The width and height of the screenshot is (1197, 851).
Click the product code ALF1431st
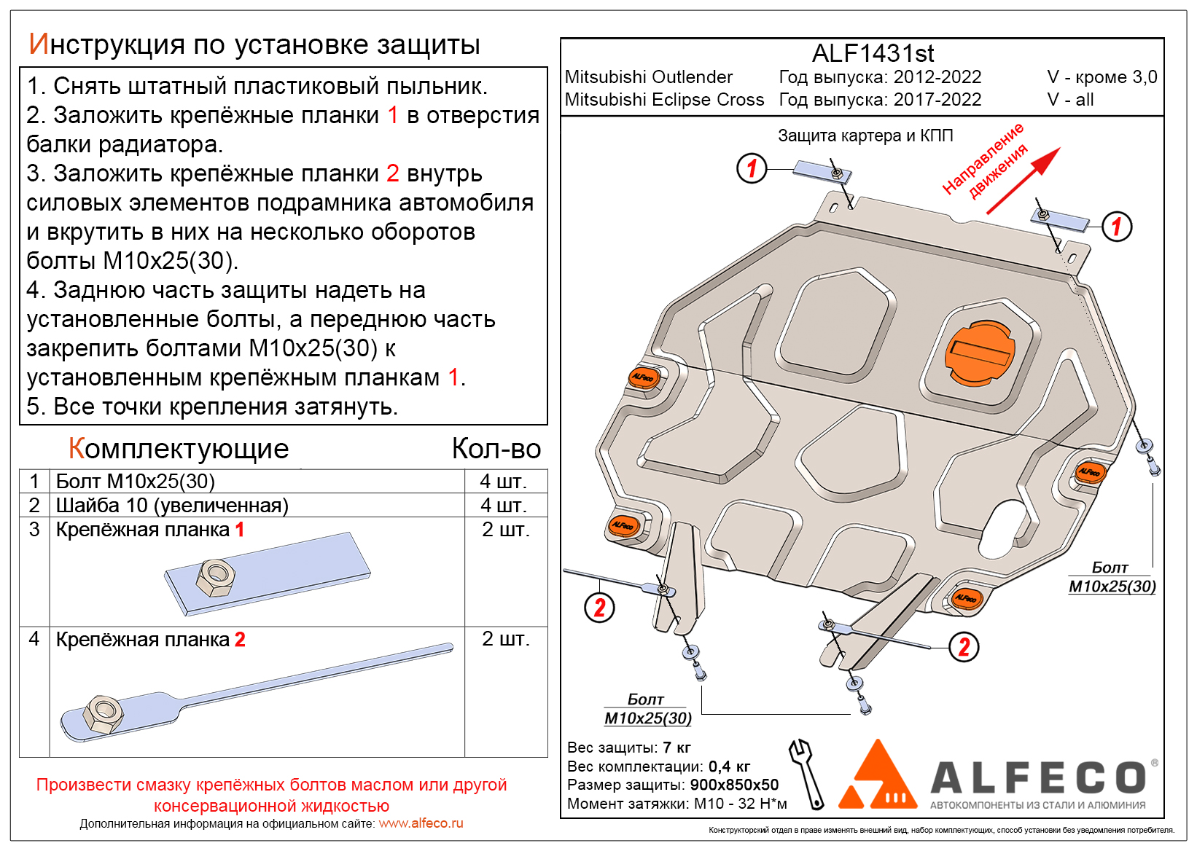(x=873, y=53)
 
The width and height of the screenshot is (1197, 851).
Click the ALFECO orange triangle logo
(x=877, y=777)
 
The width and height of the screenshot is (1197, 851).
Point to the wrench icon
(x=806, y=773)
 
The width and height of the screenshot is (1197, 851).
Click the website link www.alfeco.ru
(x=421, y=823)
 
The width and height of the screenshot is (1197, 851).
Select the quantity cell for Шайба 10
(x=504, y=505)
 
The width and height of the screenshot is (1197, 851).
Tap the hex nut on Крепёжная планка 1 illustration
(x=216, y=577)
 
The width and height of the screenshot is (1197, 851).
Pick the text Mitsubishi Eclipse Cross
(x=664, y=100)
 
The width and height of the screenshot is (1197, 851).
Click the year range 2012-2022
(x=937, y=77)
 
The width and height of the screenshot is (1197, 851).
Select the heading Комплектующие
(x=179, y=449)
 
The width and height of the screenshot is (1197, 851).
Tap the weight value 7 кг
(x=677, y=748)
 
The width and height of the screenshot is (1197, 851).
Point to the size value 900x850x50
(x=734, y=785)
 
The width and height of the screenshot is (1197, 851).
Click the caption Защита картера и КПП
(x=865, y=136)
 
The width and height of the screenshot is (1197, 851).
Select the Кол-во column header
(x=496, y=449)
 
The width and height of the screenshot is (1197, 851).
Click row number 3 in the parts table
(x=34, y=530)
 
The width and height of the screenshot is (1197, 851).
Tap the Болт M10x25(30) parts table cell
(x=136, y=482)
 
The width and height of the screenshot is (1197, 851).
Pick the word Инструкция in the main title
(x=106, y=45)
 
